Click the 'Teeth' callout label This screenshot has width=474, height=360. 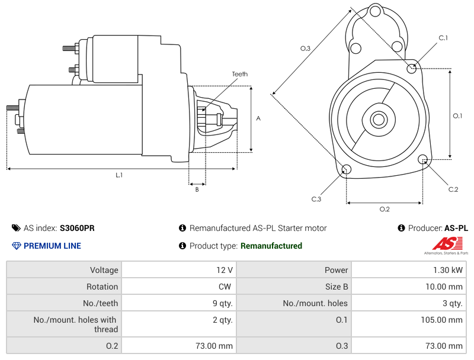tap(239, 74)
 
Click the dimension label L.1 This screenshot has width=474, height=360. tap(119, 175)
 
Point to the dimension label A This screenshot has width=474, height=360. tap(258, 118)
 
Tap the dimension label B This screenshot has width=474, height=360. tap(197, 189)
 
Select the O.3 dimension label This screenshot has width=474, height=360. tap(306, 49)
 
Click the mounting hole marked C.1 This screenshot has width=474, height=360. tap(412, 68)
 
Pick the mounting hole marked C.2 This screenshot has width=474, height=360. tap(423, 159)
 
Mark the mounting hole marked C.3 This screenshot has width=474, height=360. tap(347, 171)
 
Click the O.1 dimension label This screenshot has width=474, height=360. tap(457, 115)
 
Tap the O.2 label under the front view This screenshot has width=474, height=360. tap(384, 209)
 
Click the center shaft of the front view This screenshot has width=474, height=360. tap(378, 119)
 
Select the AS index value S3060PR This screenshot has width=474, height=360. tap(77, 228)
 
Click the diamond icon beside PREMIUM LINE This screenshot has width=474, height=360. tap(17, 246)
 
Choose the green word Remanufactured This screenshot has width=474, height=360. tap(271, 246)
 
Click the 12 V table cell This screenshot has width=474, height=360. tap(224, 270)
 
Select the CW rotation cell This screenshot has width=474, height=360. tap(226, 287)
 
